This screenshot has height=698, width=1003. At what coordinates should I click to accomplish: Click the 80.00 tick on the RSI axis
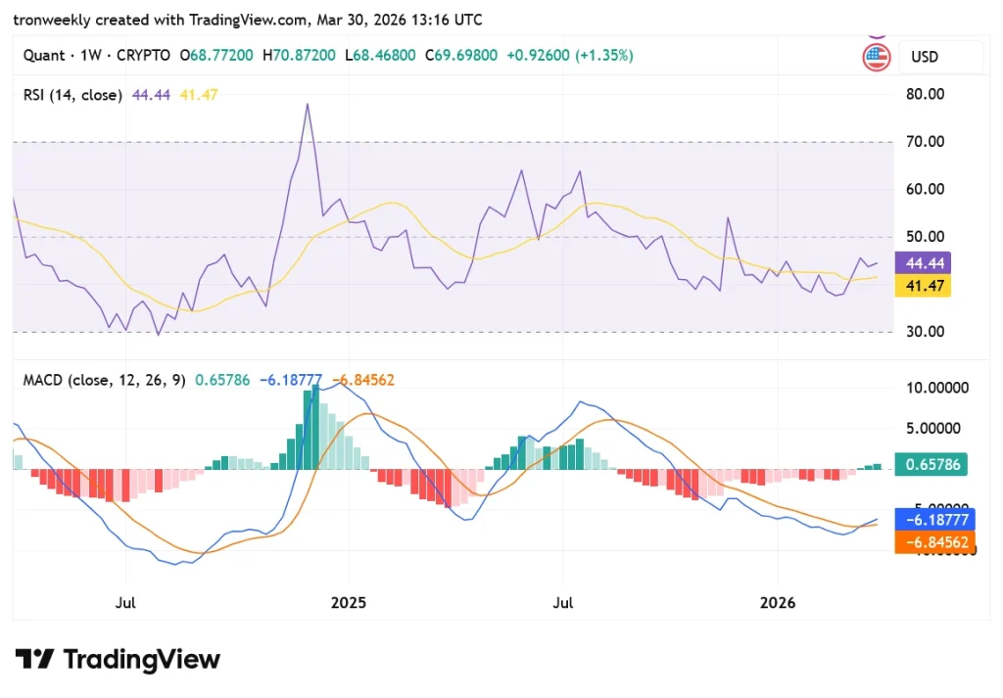pyautogui.click(x=925, y=95)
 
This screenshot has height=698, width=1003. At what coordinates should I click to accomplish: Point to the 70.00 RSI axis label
pyautogui.click(x=925, y=142)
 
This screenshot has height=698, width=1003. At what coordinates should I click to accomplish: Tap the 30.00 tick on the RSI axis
pyautogui.click(x=925, y=332)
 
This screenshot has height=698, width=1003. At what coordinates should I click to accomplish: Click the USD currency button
pyautogui.click(x=925, y=57)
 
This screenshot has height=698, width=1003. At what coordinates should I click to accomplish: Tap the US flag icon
pyautogui.click(x=876, y=57)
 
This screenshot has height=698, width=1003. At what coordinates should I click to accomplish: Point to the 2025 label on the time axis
pyautogui.click(x=348, y=603)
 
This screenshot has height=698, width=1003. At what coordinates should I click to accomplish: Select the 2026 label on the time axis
pyautogui.click(x=778, y=603)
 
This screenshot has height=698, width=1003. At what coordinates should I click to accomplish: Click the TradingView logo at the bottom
pyautogui.click(x=118, y=659)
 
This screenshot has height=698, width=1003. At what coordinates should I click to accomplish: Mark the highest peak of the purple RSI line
pyautogui.click(x=308, y=104)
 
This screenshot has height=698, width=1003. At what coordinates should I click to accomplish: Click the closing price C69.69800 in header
pyautogui.click(x=461, y=56)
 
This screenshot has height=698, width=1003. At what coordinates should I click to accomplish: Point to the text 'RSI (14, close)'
pyautogui.click(x=72, y=95)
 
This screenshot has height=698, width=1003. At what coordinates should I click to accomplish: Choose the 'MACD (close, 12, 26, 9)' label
pyautogui.click(x=105, y=380)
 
